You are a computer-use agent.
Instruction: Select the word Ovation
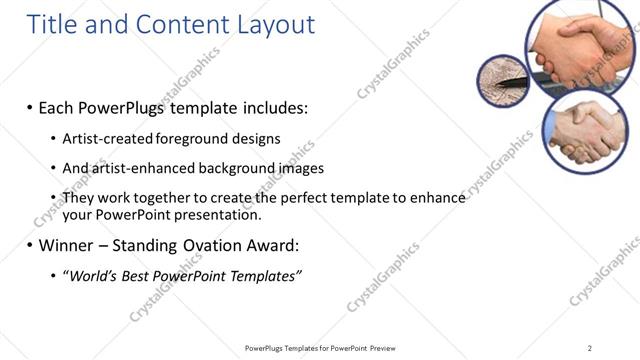click(x=212, y=244)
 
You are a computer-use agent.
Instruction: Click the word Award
click(x=270, y=244)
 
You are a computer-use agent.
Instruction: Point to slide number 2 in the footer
click(x=590, y=347)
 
